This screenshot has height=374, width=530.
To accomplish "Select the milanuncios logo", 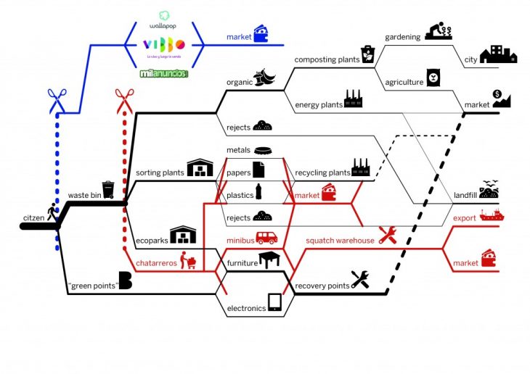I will (x=164, y=73).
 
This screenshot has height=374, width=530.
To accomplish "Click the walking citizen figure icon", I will (x=52, y=213).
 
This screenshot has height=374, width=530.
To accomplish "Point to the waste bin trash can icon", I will (x=108, y=190).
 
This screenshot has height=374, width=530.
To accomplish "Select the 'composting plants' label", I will (x=327, y=59).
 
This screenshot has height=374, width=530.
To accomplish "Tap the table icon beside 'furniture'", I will (x=270, y=259).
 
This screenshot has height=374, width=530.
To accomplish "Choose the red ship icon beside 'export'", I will (x=492, y=215).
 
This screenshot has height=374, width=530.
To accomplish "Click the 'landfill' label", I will (x=465, y=196).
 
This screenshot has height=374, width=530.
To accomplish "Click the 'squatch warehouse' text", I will (x=340, y=240).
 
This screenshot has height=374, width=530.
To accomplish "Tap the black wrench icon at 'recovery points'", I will (x=361, y=280).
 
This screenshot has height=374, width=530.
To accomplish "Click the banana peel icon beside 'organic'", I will (x=263, y=77).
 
